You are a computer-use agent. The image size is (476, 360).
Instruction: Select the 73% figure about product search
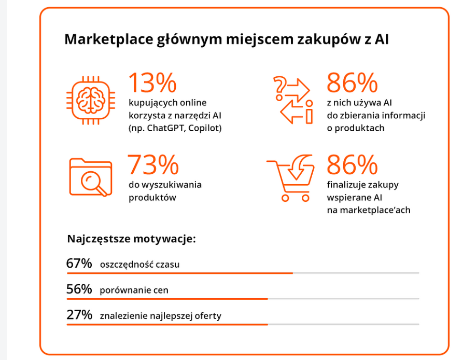153,165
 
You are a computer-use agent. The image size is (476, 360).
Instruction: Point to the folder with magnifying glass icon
91,177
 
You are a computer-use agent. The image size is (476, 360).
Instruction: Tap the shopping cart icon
290,179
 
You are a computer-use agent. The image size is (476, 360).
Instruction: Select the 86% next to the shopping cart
352,165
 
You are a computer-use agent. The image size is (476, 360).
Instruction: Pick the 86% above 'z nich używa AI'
352,82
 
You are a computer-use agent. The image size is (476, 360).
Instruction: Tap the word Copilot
203,128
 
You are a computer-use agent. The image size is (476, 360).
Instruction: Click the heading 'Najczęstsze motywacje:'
132,239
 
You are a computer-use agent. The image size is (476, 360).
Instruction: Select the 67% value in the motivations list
79,264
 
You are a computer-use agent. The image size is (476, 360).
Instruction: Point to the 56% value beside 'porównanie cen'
79,289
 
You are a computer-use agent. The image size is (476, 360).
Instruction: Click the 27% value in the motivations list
79,315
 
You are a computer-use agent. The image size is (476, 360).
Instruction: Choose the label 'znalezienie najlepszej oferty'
161,316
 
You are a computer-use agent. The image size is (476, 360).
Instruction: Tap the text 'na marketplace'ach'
369,210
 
